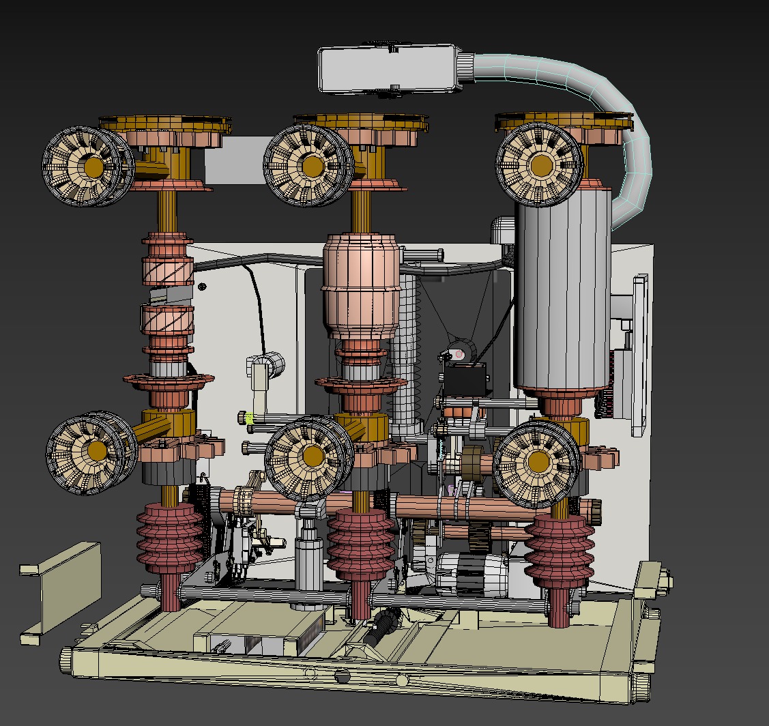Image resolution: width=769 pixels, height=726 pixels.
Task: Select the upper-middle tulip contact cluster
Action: point(309,166)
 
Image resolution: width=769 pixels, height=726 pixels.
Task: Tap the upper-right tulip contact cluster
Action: point(540,165)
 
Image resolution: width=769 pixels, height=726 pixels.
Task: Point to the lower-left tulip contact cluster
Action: point(92,452)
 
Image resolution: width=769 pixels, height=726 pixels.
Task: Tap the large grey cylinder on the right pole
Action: point(563,293)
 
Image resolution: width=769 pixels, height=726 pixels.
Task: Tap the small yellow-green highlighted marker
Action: point(250,418)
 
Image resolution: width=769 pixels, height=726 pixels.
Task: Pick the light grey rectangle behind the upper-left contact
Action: point(235,160)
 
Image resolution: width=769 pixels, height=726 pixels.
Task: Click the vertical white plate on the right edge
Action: point(639,355)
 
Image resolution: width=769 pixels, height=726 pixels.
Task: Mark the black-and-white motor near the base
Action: point(471,573)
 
